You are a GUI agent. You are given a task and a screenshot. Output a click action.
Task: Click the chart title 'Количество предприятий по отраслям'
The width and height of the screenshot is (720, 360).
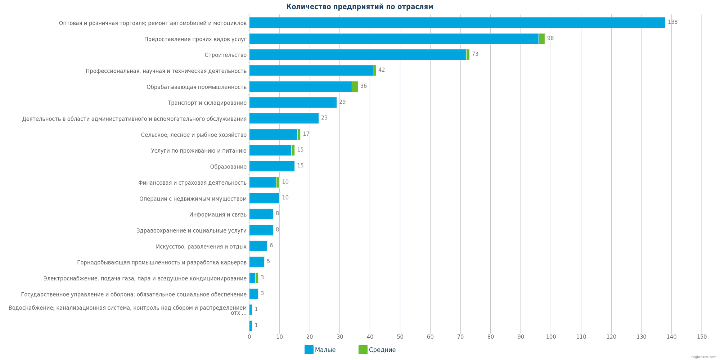click(360, 7)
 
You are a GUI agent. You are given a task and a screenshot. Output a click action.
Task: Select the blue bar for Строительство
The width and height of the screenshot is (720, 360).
click(357, 55)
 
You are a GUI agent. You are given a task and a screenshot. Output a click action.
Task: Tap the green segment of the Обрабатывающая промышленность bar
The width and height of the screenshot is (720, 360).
click(355, 87)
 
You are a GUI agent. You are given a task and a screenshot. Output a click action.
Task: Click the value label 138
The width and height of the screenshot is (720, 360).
click(672, 22)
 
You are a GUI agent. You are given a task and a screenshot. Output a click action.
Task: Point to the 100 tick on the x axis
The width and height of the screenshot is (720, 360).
click(551, 337)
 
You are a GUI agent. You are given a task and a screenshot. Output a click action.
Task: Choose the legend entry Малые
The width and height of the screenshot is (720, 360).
click(320, 350)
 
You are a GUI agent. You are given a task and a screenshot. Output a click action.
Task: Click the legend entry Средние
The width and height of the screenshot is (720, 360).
click(377, 350)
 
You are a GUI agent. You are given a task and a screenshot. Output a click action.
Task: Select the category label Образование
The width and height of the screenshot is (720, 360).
click(228, 167)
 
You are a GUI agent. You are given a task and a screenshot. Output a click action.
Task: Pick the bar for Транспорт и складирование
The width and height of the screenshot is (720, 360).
click(293, 103)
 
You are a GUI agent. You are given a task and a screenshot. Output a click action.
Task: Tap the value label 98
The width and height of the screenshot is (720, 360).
click(550, 38)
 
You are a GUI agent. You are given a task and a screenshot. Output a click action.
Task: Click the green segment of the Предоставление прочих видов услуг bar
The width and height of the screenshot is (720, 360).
click(542, 39)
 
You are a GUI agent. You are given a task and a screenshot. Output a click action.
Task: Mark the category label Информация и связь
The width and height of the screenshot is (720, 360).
click(218, 215)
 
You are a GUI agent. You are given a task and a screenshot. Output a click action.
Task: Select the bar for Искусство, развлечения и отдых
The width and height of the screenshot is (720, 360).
click(258, 246)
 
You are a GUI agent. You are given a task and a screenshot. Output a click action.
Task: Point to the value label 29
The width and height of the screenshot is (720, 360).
click(342, 102)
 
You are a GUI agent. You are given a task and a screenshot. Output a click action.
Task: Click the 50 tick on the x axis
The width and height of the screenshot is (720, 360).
click(400, 337)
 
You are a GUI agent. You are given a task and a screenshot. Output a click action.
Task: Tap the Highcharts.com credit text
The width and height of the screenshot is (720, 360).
click(703, 357)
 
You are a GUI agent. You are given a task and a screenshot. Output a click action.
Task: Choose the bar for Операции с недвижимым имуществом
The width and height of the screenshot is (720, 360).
click(264, 198)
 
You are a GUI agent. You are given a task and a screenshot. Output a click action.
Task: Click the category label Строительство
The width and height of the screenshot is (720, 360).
click(225, 55)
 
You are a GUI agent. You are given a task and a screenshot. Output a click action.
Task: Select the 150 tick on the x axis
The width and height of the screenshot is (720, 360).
click(702, 337)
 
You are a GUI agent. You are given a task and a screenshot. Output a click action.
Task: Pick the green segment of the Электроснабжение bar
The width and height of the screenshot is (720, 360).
click(257, 278)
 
